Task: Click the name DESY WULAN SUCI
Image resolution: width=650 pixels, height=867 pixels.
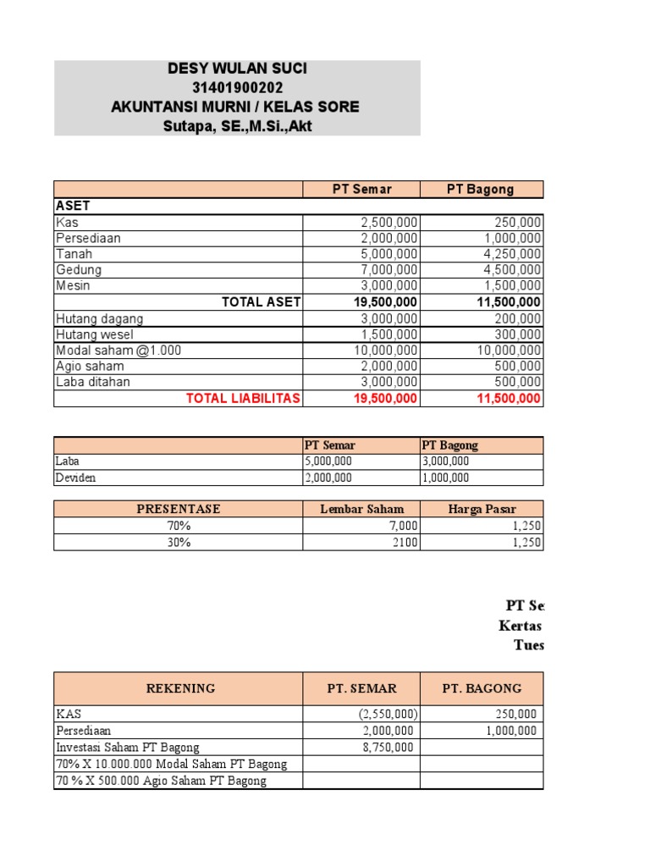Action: (237, 69)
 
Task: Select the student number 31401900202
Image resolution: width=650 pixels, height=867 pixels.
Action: (237, 88)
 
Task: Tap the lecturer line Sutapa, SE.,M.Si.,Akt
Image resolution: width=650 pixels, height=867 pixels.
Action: (237, 127)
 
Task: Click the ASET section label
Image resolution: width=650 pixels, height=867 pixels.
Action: (73, 206)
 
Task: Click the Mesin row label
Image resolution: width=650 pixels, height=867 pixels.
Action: (74, 286)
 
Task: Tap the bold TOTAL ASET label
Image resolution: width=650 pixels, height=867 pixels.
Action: (261, 302)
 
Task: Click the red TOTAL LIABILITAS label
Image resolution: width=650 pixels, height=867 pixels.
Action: (243, 399)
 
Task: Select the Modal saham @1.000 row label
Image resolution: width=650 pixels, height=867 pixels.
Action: (118, 351)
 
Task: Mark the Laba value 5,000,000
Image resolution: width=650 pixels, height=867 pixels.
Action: (328, 461)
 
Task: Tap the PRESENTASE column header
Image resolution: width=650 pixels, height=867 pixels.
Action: (178, 509)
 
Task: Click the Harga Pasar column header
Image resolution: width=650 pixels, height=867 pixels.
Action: (482, 509)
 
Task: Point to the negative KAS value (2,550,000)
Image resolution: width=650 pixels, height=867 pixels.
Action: (386, 714)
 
